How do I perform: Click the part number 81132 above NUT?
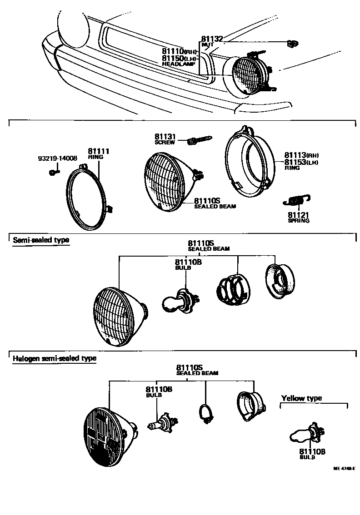click(x=211, y=40)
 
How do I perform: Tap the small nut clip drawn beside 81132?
click(x=292, y=44)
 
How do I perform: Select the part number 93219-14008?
click(x=57, y=158)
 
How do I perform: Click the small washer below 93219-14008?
click(x=53, y=172)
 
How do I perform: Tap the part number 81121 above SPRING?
click(x=298, y=214)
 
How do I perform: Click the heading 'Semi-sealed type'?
click(x=41, y=240)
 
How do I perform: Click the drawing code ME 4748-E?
click(x=344, y=468)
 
